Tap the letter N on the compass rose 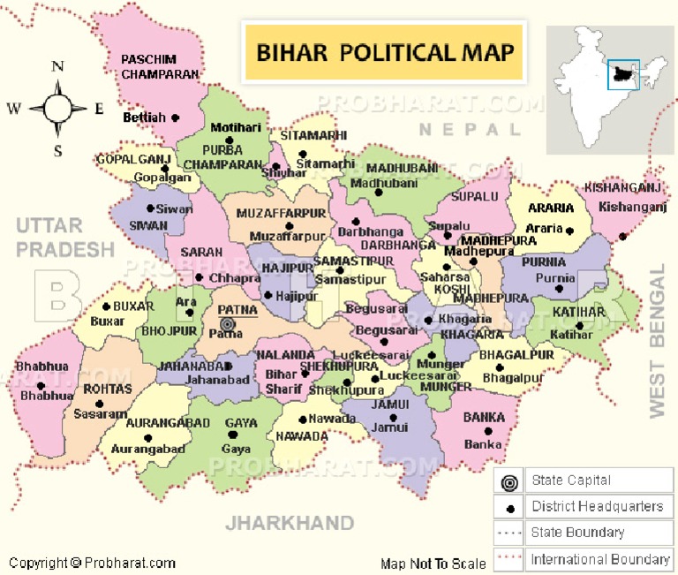[x=58, y=66]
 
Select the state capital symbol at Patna [x=227, y=323]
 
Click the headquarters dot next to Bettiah [x=175, y=117]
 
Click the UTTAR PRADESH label [x=64, y=238]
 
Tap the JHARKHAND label [x=290, y=523]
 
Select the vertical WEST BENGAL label [x=656, y=340]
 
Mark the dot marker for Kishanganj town [x=623, y=236]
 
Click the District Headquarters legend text [x=597, y=506]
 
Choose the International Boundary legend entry [x=599, y=559]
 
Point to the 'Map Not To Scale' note [x=433, y=564]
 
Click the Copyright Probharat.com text [x=92, y=563]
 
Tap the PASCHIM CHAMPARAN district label [x=160, y=67]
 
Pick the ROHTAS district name [x=108, y=388]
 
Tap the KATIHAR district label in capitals [x=579, y=312]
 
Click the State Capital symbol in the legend [x=508, y=482]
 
